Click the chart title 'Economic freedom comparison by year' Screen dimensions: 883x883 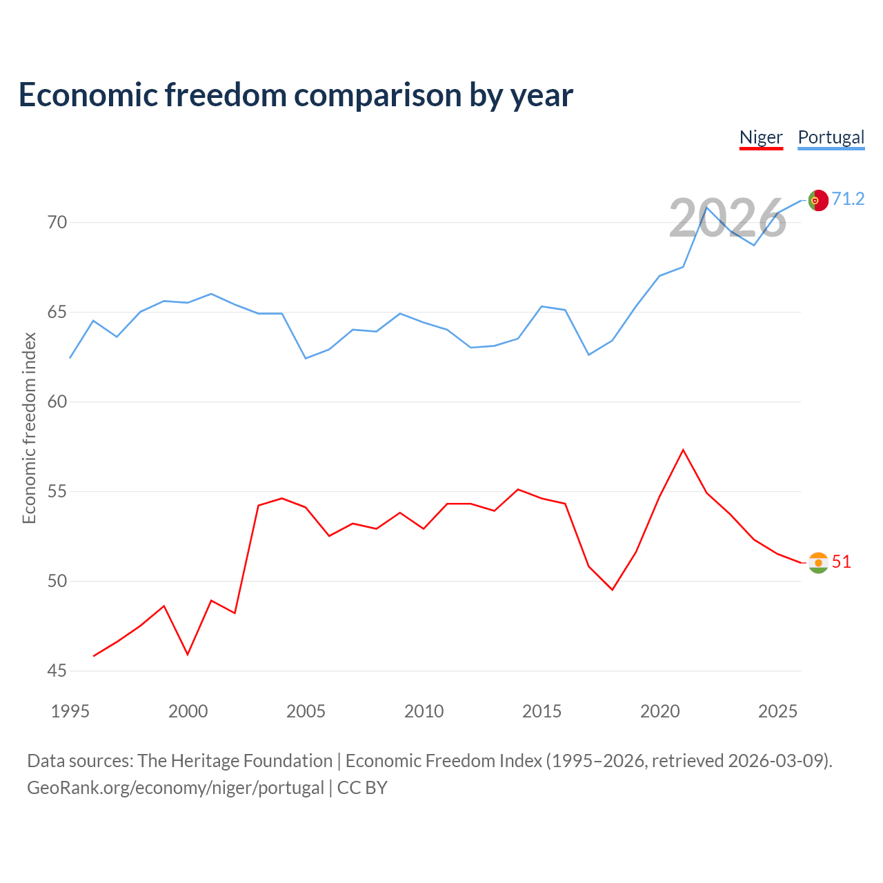tap(295, 95)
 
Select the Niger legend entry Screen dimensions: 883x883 tap(761, 137)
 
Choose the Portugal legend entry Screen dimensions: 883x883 tap(831, 137)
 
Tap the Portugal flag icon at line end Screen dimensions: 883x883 tap(817, 200)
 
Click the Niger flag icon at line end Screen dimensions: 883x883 tap(817, 563)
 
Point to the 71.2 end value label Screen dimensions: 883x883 tap(848, 199)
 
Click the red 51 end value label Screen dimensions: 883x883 tap(841, 562)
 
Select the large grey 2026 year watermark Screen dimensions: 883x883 tap(727, 219)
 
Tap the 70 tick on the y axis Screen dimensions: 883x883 tap(57, 222)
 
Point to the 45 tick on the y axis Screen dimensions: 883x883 tap(57, 671)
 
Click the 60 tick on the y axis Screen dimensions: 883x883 tap(57, 401)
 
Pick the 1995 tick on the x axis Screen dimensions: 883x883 tap(70, 711)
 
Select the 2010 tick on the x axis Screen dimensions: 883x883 tap(424, 711)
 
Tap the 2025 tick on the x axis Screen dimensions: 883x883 tap(777, 711)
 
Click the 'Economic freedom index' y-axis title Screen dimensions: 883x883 tap(29, 428)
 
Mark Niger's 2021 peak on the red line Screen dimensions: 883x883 tap(683, 450)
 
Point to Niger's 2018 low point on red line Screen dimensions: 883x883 tap(612, 590)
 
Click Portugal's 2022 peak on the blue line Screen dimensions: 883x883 tap(706, 207)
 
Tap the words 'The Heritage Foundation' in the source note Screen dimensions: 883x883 tap(235, 760)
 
